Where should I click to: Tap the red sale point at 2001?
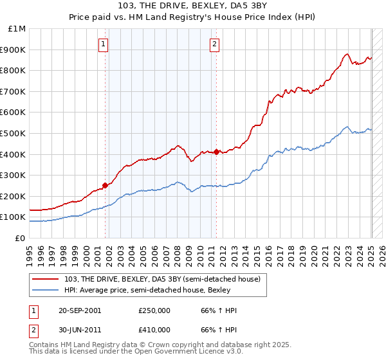click(x=105, y=185)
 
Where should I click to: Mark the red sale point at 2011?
click(x=216, y=152)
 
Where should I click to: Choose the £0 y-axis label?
click(x=21, y=238)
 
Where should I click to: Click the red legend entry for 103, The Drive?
click(x=163, y=279)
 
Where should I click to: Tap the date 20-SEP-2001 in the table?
click(x=79, y=310)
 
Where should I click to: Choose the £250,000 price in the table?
click(x=154, y=310)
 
